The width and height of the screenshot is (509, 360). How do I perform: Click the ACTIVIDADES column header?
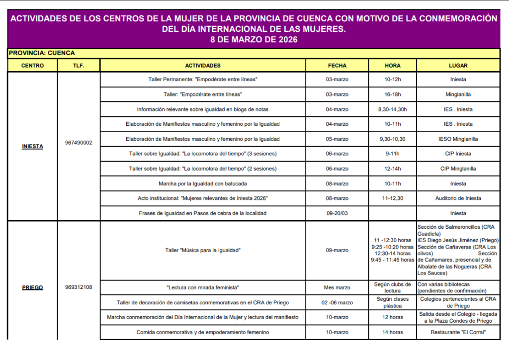coord(202,66)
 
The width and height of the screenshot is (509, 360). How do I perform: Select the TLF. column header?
coord(79,66)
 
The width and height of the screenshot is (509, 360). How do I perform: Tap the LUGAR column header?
coord(458,66)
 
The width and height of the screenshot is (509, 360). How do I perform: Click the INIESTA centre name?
coord(32,146)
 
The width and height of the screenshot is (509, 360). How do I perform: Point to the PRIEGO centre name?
coord(32,287)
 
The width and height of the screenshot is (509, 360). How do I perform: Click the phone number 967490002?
coord(79,143)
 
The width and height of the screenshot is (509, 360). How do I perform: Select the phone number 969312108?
coord(79,287)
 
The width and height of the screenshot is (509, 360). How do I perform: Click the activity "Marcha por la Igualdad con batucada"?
coord(203,183)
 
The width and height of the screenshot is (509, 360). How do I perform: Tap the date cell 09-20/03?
coord(337,213)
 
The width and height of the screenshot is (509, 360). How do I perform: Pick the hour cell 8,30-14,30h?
coord(392,109)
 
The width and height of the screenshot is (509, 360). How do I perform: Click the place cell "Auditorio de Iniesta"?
coord(458,198)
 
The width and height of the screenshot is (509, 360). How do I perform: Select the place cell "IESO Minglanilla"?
coord(458,139)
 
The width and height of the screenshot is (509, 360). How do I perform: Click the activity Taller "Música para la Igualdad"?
coord(203,250)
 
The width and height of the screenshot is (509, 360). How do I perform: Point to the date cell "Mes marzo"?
coord(337,287)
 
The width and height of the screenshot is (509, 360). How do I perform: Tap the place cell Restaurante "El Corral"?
coord(458,332)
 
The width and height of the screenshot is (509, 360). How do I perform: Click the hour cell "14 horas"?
coord(392,332)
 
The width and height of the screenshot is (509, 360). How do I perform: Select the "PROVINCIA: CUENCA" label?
coord(42,53)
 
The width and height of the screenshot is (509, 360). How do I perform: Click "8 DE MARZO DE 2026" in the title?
coord(254,40)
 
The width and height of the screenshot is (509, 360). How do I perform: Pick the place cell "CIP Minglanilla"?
coord(458,169)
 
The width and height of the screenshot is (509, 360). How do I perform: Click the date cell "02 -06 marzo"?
coord(337,302)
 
